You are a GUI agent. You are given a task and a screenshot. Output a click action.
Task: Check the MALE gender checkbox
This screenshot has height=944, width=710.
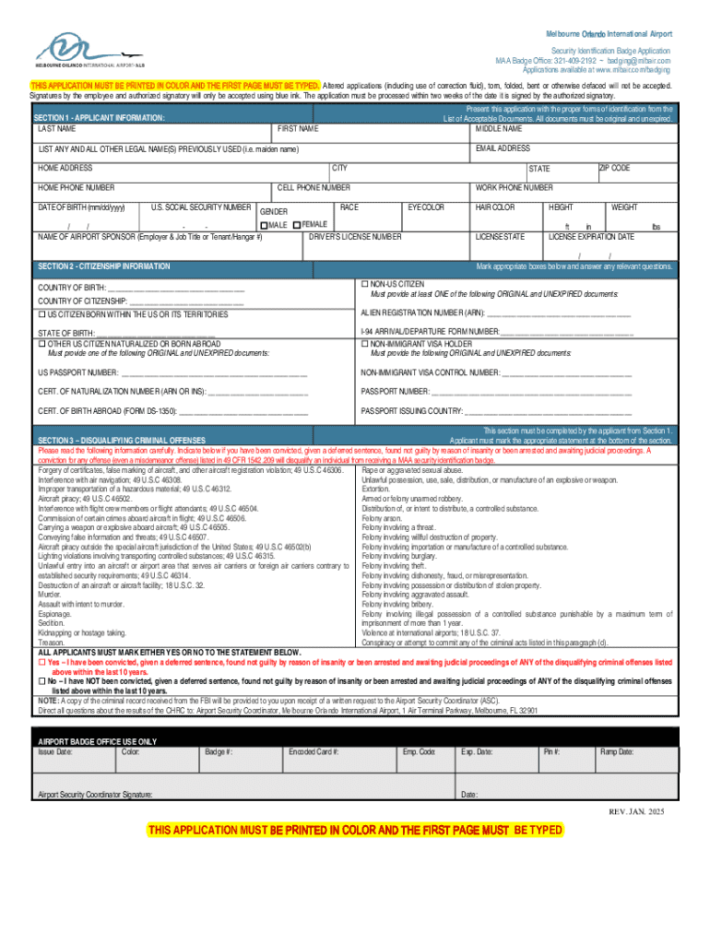264,226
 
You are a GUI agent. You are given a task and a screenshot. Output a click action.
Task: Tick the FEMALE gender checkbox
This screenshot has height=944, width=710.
296,226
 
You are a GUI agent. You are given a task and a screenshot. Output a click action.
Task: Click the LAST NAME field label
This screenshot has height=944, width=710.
56,129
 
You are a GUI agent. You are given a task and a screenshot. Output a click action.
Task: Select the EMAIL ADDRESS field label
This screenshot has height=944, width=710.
503,148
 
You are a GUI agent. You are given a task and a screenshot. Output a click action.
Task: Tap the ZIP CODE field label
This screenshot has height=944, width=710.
614,168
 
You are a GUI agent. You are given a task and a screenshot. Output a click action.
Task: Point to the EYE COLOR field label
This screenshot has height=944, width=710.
426,207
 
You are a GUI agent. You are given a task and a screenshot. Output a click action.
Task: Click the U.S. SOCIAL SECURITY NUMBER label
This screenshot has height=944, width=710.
200,207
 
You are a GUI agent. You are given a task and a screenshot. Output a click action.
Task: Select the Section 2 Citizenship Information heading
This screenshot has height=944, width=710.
103,266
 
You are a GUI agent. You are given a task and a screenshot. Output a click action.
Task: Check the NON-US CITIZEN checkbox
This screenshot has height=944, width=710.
365,284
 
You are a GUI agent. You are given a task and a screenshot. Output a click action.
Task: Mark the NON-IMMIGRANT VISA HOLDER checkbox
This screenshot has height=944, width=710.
365,344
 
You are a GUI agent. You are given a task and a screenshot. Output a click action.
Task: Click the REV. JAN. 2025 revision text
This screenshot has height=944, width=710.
635,810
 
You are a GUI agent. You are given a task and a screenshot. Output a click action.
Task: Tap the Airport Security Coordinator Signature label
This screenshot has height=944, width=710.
95,794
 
